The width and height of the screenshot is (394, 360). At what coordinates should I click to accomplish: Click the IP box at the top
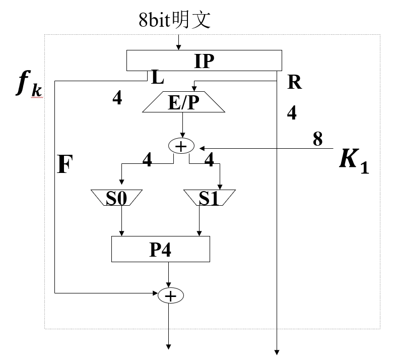[x=204, y=61]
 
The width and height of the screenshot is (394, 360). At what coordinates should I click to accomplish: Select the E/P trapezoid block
[x=183, y=102]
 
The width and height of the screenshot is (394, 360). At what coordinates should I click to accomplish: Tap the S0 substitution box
[x=116, y=197]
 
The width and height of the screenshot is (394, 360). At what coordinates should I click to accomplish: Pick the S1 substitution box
[x=208, y=197]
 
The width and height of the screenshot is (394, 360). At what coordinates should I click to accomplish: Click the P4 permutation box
[x=161, y=249]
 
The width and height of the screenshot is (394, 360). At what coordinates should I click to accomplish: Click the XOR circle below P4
[x=171, y=295]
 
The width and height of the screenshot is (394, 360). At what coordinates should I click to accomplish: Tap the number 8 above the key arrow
[x=317, y=139]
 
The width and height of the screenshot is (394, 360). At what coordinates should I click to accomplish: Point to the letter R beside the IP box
[x=294, y=82]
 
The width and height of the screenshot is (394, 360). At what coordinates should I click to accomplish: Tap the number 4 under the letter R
[x=292, y=113]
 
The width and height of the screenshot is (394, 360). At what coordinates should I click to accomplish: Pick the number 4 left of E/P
[x=117, y=98]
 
